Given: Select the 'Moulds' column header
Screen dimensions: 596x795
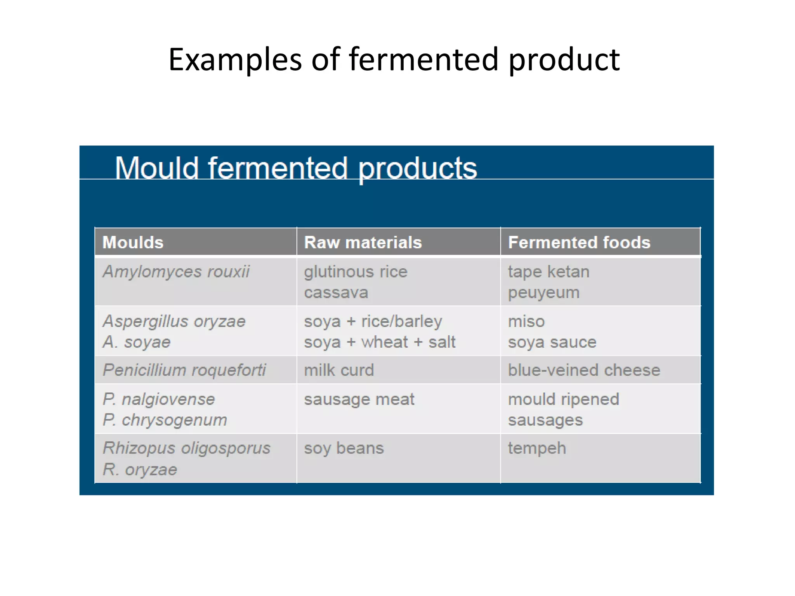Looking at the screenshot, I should click(x=133, y=243).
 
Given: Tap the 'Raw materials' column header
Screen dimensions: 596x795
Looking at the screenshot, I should click(x=363, y=243).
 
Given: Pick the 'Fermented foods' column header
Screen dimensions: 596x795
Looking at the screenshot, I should click(x=579, y=243).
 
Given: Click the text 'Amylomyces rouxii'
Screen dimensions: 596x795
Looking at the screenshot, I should click(x=176, y=272).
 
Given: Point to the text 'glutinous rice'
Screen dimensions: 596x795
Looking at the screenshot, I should click(x=356, y=272).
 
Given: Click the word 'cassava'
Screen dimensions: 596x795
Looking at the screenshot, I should click(x=336, y=293).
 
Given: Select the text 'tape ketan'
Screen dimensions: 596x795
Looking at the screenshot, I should click(x=549, y=272).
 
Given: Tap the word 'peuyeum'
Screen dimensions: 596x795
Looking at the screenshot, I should click(x=543, y=293).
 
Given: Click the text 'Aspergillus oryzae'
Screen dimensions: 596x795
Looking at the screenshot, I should click(x=174, y=321).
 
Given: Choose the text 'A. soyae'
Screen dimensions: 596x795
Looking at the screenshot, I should click(x=136, y=342).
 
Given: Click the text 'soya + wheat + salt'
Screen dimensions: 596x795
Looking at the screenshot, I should click(x=380, y=342).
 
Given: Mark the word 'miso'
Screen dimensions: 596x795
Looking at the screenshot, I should click(x=526, y=321).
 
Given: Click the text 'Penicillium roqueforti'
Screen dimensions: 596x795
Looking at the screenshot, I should click(x=184, y=370).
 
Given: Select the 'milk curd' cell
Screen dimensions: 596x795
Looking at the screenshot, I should click(x=339, y=370).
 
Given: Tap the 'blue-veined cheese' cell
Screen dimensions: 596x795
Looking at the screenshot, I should click(x=584, y=370).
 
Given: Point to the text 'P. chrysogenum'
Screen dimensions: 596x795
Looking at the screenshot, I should click(x=165, y=420).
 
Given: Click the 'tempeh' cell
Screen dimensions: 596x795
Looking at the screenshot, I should click(x=537, y=449).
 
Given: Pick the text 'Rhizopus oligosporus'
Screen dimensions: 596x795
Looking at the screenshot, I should click(x=186, y=449).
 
